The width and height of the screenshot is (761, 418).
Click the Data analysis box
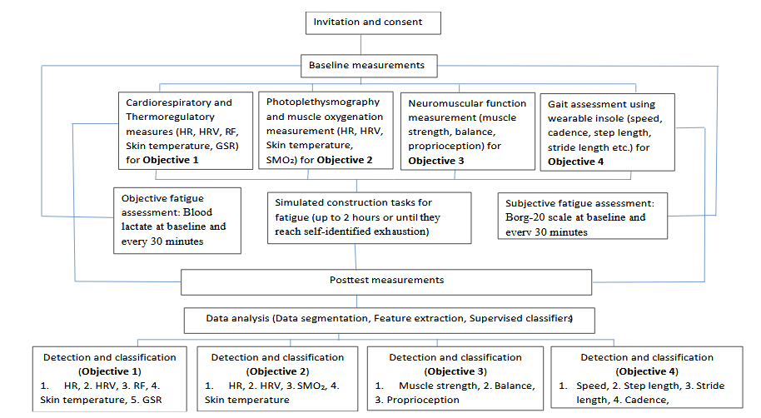click(388, 319)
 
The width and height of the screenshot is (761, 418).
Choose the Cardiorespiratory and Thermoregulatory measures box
click(185, 131)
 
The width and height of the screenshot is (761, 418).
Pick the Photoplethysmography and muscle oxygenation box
click(326, 130)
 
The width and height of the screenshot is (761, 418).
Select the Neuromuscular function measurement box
click(467, 130)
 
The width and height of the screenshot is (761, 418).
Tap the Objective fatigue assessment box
click(177, 220)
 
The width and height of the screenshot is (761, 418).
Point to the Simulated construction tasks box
click(369, 217)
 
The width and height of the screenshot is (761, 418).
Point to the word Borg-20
click(526, 217)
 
